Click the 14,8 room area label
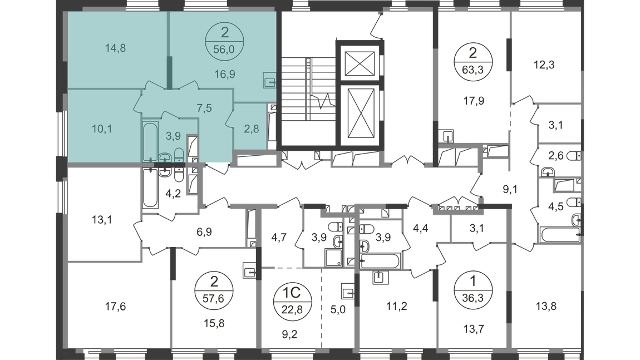tap(116, 47)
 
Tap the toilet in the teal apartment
tap(179, 154)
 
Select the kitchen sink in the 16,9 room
tap(269, 81)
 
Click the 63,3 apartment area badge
tap(471, 70)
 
